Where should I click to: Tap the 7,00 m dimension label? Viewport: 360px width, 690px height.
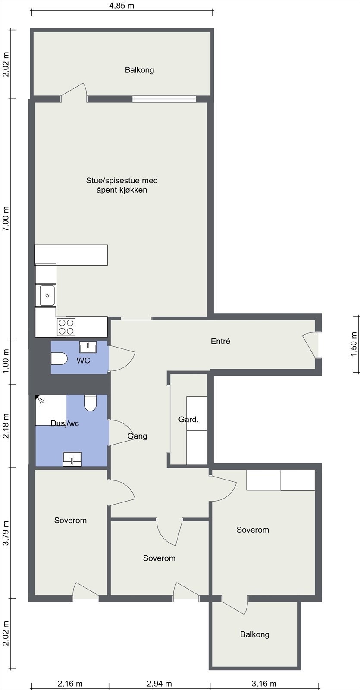click(x=6, y=219)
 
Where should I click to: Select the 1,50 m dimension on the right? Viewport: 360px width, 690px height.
click(x=354, y=344)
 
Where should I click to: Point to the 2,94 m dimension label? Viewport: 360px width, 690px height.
click(x=159, y=684)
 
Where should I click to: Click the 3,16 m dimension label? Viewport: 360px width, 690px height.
click(x=264, y=684)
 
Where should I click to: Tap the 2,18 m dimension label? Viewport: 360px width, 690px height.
click(x=6, y=426)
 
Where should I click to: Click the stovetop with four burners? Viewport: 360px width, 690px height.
click(x=66, y=326)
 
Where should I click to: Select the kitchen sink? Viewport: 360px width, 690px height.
click(x=46, y=296)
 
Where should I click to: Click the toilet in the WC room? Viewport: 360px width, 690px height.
click(x=59, y=358)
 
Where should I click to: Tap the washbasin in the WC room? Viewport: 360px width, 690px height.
click(x=88, y=346)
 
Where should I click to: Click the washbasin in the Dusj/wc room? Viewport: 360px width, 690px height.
click(x=72, y=458)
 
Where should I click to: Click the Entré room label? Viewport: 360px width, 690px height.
click(x=220, y=341)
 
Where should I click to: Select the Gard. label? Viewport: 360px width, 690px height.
click(x=188, y=419)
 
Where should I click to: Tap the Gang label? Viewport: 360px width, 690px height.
click(x=137, y=436)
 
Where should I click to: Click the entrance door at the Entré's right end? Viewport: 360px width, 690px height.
click(x=311, y=345)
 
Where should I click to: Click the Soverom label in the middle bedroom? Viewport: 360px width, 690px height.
click(x=159, y=558)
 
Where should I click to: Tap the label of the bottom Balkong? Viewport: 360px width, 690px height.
click(x=254, y=634)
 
